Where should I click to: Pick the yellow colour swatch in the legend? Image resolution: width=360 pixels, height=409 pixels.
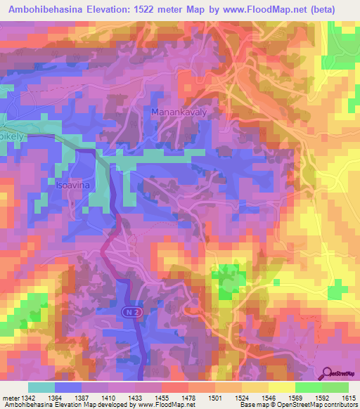[281, 387]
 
